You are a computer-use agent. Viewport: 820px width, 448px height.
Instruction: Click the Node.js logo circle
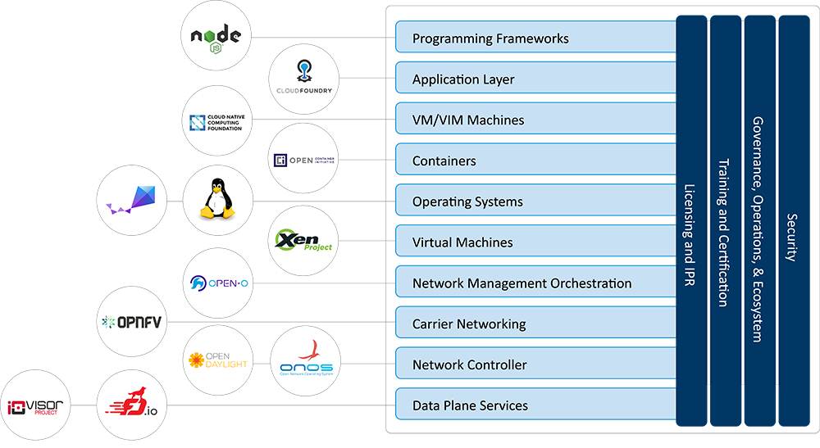[x=216, y=37]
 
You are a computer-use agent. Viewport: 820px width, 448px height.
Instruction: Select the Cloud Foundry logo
[x=303, y=79]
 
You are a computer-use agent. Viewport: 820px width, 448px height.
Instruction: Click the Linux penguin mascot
[x=216, y=201]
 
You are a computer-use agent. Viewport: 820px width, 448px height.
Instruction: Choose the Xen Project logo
[x=303, y=242]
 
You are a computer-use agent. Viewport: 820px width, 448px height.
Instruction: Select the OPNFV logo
[x=131, y=323]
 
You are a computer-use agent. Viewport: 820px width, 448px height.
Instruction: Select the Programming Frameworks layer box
[x=535, y=38]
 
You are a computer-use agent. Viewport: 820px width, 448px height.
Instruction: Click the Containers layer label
[x=444, y=161]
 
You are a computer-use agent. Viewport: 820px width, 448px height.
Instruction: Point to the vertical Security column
[x=793, y=221]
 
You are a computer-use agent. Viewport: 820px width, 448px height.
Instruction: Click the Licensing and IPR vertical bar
[x=691, y=221]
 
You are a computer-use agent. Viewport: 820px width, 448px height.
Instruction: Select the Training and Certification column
[x=725, y=221]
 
